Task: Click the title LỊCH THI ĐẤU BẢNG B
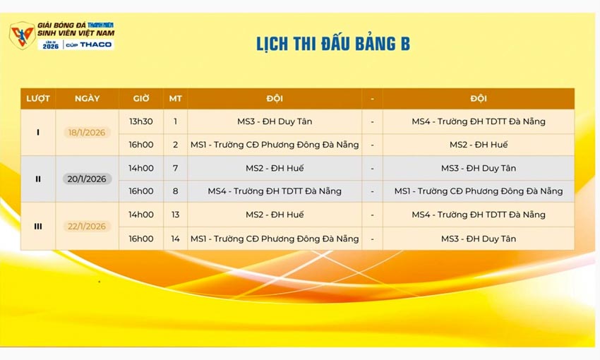(x=332, y=44)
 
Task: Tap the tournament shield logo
(x=21, y=35)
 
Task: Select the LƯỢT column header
(x=38, y=98)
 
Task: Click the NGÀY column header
(x=87, y=98)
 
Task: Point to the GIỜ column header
(x=140, y=98)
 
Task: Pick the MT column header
(x=175, y=98)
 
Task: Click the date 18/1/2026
(x=87, y=132)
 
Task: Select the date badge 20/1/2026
(x=87, y=179)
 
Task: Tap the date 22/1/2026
(x=87, y=226)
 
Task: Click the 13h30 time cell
(x=140, y=121)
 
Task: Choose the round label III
(x=38, y=226)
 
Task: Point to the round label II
(x=38, y=179)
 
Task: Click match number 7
(x=175, y=168)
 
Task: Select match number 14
(x=175, y=239)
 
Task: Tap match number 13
(x=175, y=215)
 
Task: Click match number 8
(x=175, y=191)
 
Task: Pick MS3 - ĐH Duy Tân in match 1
(x=275, y=121)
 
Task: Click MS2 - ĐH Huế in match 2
(x=479, y=145)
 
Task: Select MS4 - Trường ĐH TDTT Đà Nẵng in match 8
(x=275, y=191)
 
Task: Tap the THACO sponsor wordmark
(x=95, y=44)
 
